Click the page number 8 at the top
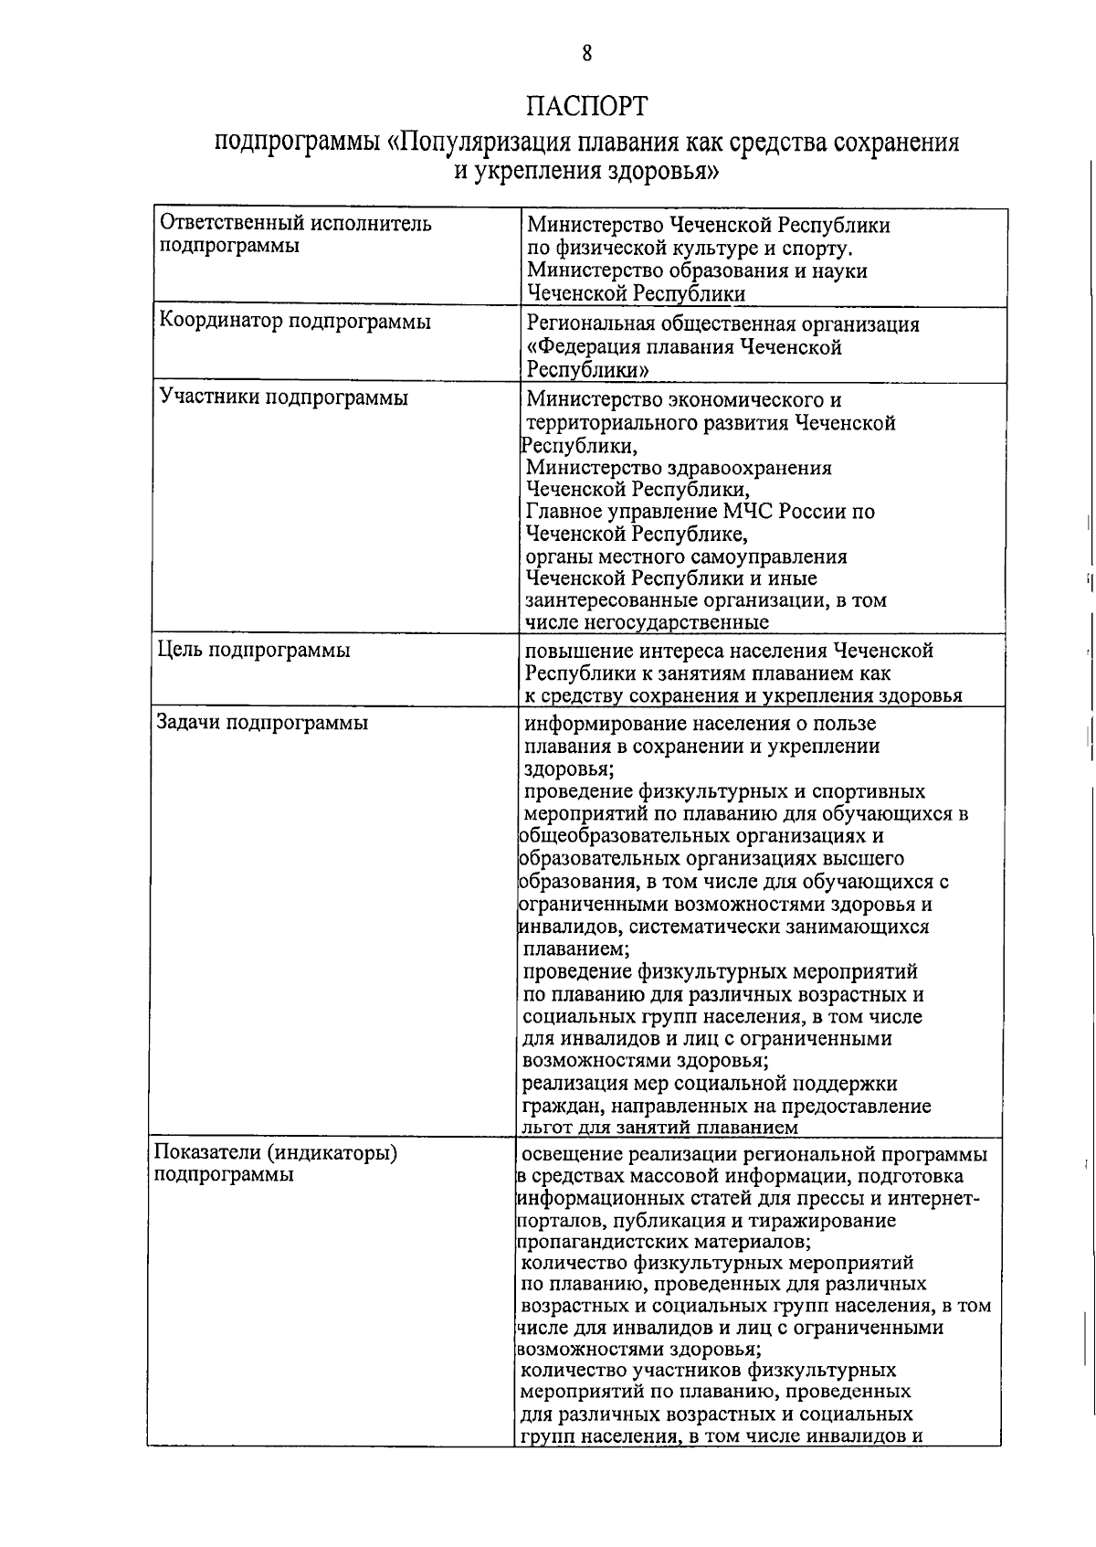(587, 53)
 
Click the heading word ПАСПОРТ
(586, 107)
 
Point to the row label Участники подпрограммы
(283, 397)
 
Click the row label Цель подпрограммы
(255, 651)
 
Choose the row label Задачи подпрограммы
(262, 723)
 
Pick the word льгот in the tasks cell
(546, 1128)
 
